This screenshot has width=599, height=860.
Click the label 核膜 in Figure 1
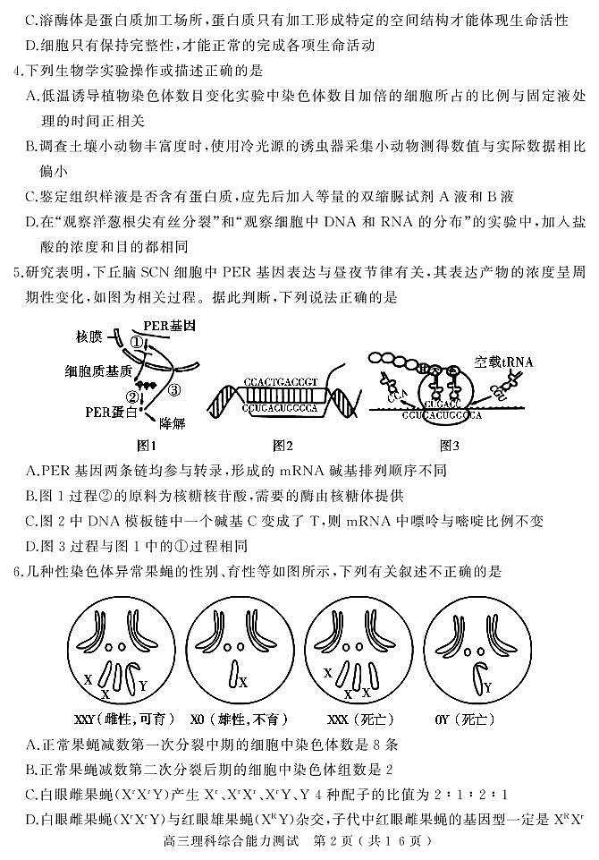(x=89, y=336)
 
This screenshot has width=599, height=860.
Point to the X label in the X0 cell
(x=244, y=682)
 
